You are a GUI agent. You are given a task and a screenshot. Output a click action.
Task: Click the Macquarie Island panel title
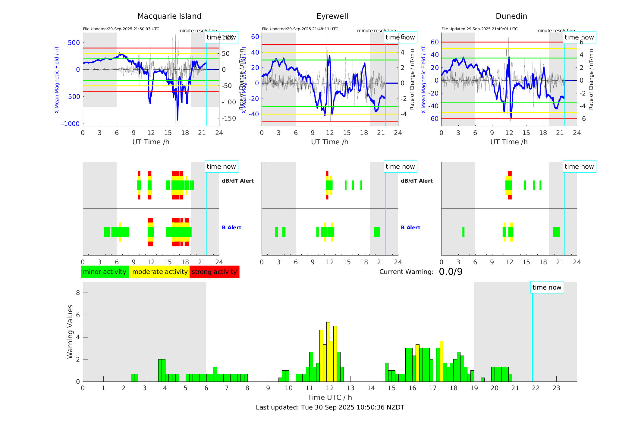pyautogui.click(x=169, y=16)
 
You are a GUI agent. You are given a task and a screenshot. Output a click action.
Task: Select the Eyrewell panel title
pyautogui.click(x=332, y=16)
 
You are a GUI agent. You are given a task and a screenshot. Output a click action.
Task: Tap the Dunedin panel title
pyautogui.click(x=511, y=16)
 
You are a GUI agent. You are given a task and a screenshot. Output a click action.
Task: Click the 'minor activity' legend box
pyautogui.click(x=105, y=272)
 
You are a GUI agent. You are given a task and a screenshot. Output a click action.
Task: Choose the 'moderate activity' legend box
pyautogui.click(x=160, y=272)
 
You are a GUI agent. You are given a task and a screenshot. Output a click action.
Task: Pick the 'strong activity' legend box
pyautogui.click(x=214, y=272)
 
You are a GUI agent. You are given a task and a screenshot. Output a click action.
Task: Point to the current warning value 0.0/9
pyautogui.click(x=451, y=272)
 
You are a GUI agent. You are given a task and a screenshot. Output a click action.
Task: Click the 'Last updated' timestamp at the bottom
pyautogui.click(x=330, y=407)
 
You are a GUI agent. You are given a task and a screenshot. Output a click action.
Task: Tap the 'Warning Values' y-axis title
pyautogui.click(x=70, y=331)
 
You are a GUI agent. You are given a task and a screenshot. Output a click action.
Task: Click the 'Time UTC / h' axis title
pyautogui.click(x=330, y=397)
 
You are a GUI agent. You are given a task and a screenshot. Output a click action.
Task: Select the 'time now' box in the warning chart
pyautogui.click(x=547, y=287)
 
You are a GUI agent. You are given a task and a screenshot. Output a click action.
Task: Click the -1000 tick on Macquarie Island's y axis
pyautogui.click(x=71, y=124)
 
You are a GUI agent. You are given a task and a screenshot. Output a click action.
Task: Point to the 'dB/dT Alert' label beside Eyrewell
pyautogui.click(x=416, y=181)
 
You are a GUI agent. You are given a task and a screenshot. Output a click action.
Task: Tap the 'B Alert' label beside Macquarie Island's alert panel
pyautogui.click(x=231, y=227)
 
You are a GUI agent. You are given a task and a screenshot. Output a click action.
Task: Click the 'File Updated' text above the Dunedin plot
pyautogui.click(x=479, y=29)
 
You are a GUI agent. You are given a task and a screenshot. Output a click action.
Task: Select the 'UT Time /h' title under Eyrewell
pyautogui.click(x=330, y=142)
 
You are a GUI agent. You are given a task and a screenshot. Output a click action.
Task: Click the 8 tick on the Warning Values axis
pyautogui.click(x=78, y=293)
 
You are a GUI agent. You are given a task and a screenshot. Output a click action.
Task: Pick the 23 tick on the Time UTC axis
pyautogui.click(x=556, y=388)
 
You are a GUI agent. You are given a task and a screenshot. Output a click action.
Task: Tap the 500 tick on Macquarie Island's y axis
pyautogui.click(x=74, y=43)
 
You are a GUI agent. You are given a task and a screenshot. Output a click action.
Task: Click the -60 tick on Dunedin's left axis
pyautogui.click(x=434, y=119)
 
